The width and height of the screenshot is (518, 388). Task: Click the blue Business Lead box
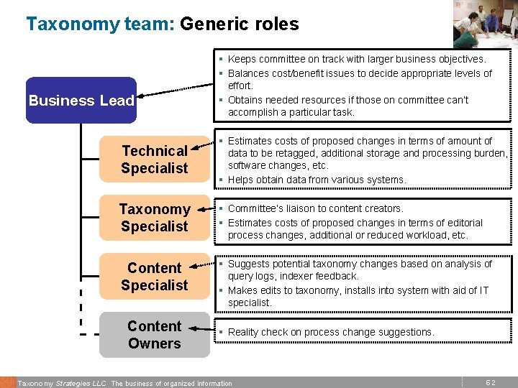click(81, 101)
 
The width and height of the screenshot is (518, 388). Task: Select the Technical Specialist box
click(154, 160)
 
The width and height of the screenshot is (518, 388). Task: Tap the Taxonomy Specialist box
click(154, 218)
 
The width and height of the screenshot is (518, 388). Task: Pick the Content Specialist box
click(154, 277)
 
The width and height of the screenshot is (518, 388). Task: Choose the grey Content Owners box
click(154, 335)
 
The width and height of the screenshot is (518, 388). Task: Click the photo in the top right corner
click(485, 23)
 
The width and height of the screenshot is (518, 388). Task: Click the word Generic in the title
click(214, 24)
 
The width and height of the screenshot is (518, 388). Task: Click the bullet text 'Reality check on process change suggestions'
click(331, 332)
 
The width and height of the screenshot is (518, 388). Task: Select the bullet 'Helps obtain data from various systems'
click(317, 180)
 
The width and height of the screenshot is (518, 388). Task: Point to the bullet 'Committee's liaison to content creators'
click(315, 209)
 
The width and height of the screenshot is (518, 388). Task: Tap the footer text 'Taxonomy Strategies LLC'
click(61, 384)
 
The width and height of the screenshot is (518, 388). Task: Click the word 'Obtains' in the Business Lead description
click(246, 100)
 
